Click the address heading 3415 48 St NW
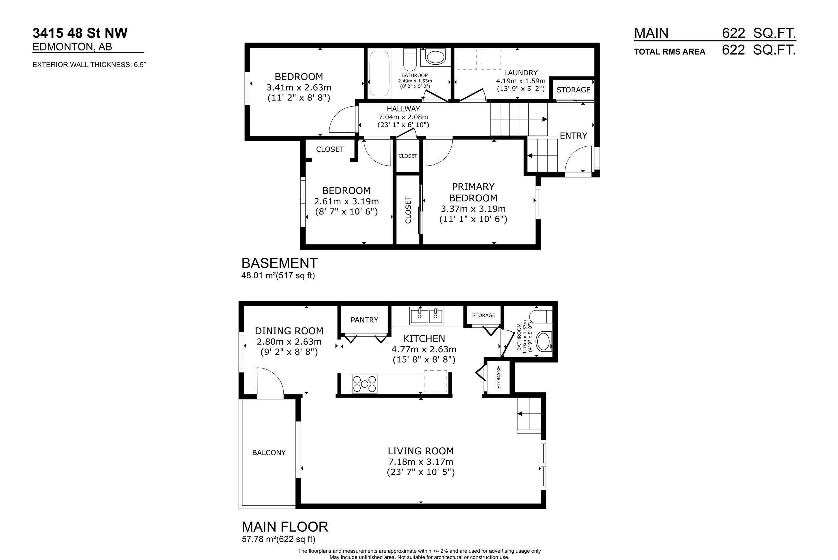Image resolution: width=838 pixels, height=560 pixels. coord(80,33)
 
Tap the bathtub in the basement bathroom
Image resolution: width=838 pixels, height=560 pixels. coord(379,74)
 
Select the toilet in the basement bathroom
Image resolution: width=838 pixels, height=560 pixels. coord(410,60)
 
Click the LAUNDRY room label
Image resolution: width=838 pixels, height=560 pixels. coord(521,73)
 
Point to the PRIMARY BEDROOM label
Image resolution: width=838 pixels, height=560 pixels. coord(473,192)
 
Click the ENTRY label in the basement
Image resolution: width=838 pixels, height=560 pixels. coord(573,136)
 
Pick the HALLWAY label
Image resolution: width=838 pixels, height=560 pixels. coord(403,109)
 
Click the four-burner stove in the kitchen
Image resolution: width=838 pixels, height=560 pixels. coord(364,384)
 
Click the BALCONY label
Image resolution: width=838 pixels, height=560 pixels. coord(269,452)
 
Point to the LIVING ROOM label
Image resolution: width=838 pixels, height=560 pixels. coord(421,451)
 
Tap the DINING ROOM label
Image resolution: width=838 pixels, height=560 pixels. coord(289,331)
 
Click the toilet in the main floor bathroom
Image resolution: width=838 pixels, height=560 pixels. coord(541,316)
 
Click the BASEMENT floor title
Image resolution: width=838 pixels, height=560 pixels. coord(279,263)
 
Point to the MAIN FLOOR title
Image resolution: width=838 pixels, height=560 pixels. coord(285,527)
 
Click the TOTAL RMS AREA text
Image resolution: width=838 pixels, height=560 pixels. coord(669,52)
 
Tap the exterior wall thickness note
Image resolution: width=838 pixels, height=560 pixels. coord(89,65)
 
